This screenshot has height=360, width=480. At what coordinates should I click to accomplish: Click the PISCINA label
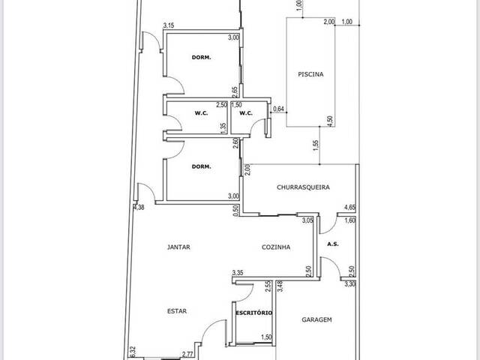click(310, 74)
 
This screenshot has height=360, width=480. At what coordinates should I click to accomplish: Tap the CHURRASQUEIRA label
click(303, 187)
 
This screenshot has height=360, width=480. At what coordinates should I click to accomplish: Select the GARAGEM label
click(316, 320)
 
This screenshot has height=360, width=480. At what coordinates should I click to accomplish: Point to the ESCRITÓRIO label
click(254, 313)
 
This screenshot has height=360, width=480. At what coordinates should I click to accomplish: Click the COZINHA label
click(276, 247)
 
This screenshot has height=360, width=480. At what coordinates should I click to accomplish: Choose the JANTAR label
click(178, 247)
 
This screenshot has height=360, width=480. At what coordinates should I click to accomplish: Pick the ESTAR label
click(177, 311)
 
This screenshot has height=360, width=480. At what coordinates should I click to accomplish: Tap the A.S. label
click(333, 244)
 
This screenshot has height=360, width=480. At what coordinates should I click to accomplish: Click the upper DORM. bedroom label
click(202, 57)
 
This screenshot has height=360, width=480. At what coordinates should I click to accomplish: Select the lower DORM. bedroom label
click(202, 166)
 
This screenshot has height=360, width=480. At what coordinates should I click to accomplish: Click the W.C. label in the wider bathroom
click(202, 113)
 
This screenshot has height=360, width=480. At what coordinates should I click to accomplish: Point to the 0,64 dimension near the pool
click(278, 109)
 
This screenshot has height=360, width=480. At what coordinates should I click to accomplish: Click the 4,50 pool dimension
click(330, 121)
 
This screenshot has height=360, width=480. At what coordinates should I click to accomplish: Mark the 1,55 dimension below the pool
click(316, 145)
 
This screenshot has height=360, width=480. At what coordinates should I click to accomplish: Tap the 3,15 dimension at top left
click(169, 25)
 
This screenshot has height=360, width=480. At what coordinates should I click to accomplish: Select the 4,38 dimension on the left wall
click(139, 207)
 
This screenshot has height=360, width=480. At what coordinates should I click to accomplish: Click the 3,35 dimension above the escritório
click(238, 273)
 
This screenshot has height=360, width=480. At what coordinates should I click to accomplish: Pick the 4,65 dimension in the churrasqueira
click(350, 208)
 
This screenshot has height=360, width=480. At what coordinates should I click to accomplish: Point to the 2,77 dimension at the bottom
click(187, 354)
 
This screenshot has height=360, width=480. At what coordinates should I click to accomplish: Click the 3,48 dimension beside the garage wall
click(280, 286)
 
